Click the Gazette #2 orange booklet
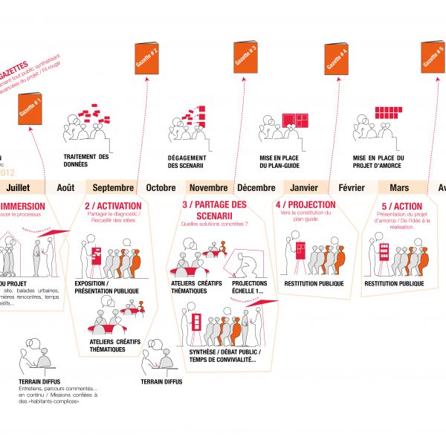(x=146, y=59)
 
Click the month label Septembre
(x=114, y=187)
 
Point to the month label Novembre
(x=209, y=187)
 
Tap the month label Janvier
(x=305, y=187)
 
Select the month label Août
(x=66, y=187)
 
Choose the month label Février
(x=352, y=187)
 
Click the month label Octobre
(x=161, y=187)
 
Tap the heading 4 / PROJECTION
(x=305, y=204)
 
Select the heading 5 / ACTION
(x=402, y=206)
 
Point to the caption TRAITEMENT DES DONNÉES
(x=87, y=161)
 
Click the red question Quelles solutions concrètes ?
(x=215, y=223)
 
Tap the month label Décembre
(x=256, y=187)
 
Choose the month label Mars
(x=399, y=187)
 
